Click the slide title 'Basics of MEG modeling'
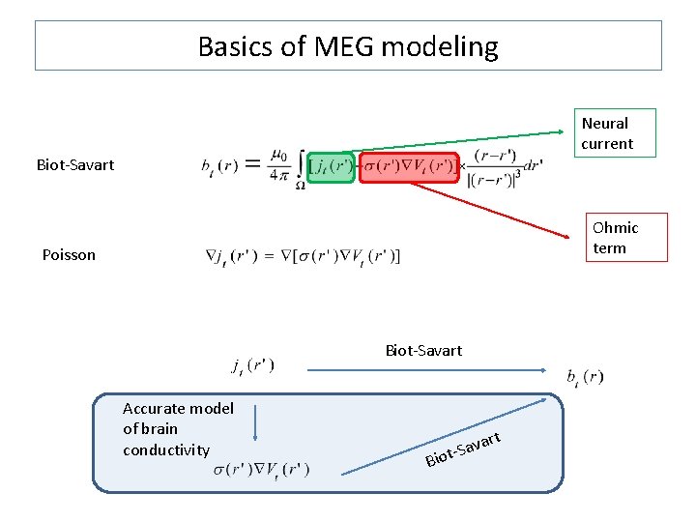pos(348,46)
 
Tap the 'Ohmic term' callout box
pos(616,238)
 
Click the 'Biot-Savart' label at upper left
pos(75,164)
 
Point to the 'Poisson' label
pos(69,255)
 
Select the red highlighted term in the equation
pos(409,165)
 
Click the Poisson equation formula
pos(304,256)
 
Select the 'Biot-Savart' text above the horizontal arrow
pos(423,350)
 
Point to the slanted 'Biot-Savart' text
pos(463,447)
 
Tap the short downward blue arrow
pos(254,423)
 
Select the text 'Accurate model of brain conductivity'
pos(178,429)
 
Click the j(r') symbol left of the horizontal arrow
pos(252,366)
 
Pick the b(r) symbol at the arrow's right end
pos(586,377)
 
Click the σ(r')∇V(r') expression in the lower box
pos(261,470)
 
